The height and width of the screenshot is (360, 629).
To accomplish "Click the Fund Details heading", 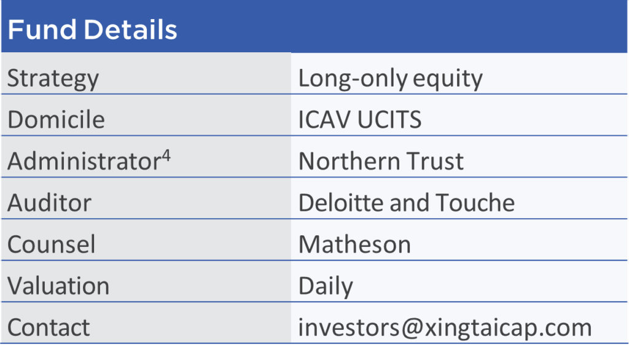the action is pyautogui.click(x=92, y=29).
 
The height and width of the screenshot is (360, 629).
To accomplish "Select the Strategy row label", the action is pyautogui.click(x=53, y=79).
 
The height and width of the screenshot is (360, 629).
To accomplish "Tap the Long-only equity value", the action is pyautogui.click(x=390, y=79).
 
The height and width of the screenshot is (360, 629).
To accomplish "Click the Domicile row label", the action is pyautogui.click(x=56, y=119).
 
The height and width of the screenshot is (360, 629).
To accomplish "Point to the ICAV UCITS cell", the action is pyautogui.click(x=360, y=119).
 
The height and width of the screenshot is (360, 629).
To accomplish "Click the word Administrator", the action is pyautogui.click(x=84, y=161).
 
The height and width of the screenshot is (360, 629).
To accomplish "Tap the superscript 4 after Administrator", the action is pyautogui.click(x=166, y=155).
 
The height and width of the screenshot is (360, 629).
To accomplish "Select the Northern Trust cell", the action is pyautogui.click(x=381, y=161).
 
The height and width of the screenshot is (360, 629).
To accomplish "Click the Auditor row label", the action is pyautogui.click(x=49, y=203).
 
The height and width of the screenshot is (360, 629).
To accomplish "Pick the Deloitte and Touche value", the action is pyautogui.click(x=407, y=202).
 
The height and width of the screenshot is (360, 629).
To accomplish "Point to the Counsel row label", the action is pyautogui.click(x=52, y=245).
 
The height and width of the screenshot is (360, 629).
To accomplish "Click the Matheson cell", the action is pyautogui.click(x=354, y=244).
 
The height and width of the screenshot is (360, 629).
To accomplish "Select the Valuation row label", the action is pyautogui.click(x=58, y=286).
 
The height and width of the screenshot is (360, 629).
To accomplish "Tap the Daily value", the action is pyautogui.click(x=326, y=286).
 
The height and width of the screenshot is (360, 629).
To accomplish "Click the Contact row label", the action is pyautogui.click(x=49, y=327).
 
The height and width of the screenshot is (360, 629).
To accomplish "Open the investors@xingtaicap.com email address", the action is pyautogui.click(x=445, y=328).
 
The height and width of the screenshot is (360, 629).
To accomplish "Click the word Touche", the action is pyautogui.click(x=475, y=202).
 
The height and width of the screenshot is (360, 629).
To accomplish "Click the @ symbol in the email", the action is pyautogui.click(x=412, y=328).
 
